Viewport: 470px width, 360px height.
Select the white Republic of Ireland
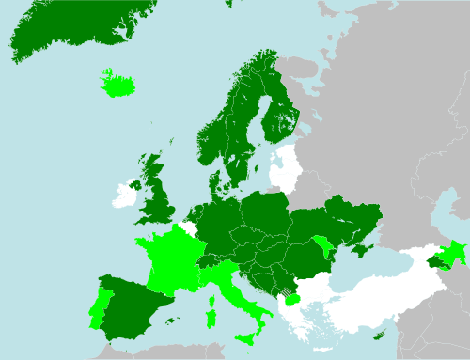(122, 196)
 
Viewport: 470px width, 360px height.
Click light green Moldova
(326, 248)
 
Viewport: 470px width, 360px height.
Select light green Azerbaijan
(454, 251)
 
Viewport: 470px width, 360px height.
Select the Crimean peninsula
(361, 249)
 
